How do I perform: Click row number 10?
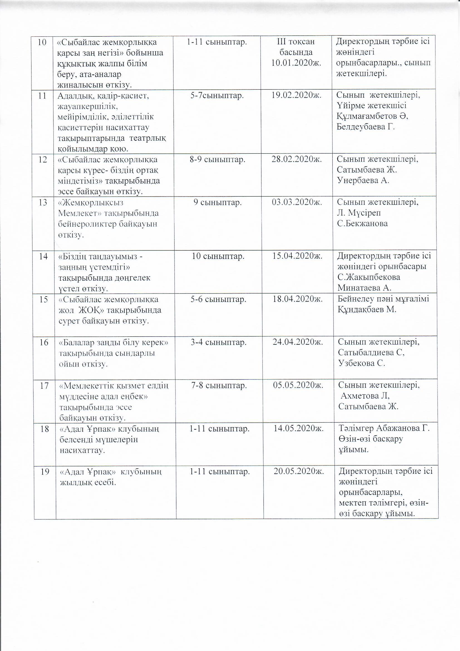[x=43, y=42]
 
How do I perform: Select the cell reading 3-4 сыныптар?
[x=218, y=342]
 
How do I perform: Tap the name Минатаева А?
[x=364, y=288]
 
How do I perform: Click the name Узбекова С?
[x=362, y=363]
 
